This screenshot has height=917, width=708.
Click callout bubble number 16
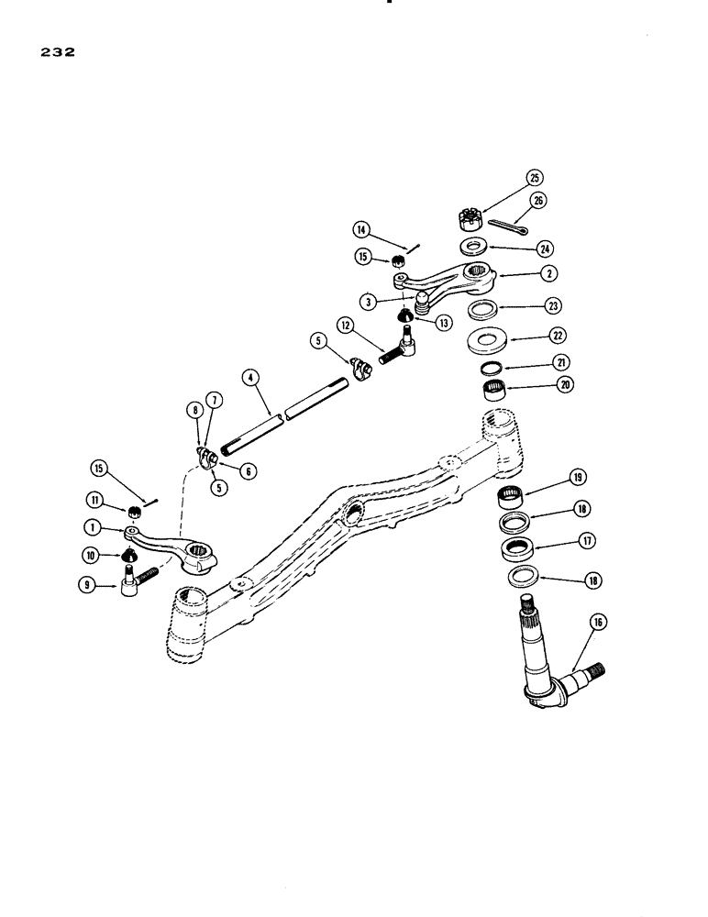[x=599, y=624]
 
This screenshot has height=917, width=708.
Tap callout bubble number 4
[x=250, y=377]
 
